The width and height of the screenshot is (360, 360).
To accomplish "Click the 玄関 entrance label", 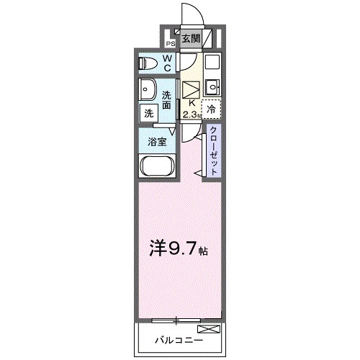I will (190, 39).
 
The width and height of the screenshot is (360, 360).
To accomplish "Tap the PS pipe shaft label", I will (170, 42).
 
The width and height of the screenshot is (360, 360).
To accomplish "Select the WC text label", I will (166, 63).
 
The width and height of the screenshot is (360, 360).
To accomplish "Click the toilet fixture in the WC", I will (148, 64).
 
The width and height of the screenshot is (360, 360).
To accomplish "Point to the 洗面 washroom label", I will (167, 100).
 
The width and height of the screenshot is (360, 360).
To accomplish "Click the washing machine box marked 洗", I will (148, 112).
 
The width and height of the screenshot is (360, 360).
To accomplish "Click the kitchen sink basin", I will (212, 89).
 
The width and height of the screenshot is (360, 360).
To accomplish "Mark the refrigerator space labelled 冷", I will (212, 109).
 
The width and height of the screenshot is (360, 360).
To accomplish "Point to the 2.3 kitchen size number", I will (190, 114).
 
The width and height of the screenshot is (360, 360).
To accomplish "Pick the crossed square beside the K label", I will (191, 89).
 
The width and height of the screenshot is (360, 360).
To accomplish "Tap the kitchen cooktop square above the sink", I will (212, 63).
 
